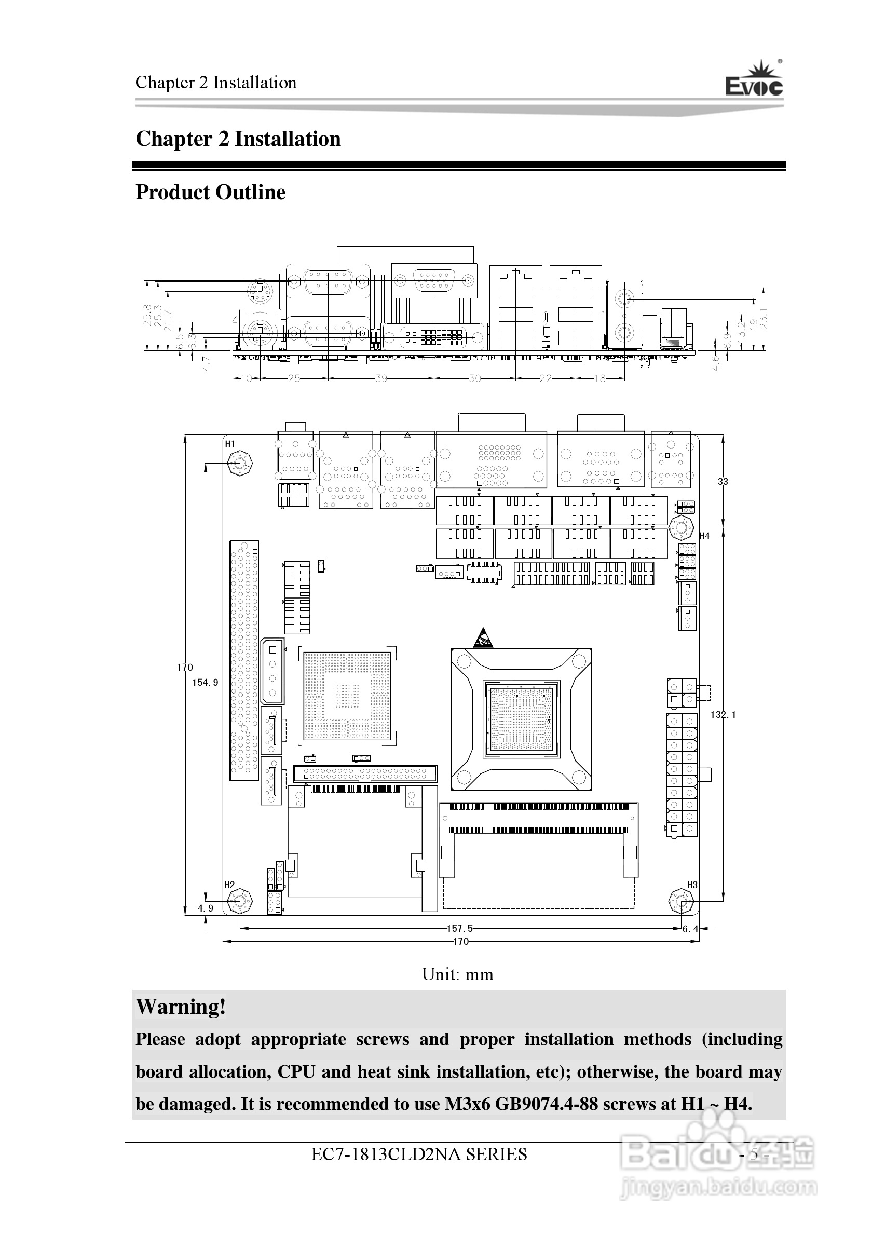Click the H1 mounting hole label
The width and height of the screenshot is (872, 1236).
(230, 444)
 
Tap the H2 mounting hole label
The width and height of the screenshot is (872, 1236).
(229, 885)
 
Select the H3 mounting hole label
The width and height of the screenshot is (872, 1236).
(692, 885)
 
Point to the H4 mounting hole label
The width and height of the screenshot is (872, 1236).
(704, 536)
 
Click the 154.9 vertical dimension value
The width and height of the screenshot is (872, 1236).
(206, 683)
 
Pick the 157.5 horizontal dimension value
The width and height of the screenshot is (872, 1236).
(460, 928)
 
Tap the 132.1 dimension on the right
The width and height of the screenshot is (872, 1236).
(723, 714)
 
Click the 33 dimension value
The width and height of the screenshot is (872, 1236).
(723, 482)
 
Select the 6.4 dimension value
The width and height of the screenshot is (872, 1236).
(690, 929)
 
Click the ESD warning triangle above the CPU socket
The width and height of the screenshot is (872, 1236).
(483, 638)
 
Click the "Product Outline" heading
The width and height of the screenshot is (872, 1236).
(210, 192)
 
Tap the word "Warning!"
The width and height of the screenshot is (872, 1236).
(181, 1007)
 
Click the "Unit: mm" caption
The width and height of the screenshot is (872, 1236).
(457, 974)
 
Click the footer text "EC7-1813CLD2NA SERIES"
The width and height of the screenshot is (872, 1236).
(419, 1154)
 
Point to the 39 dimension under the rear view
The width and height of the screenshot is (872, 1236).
(381, 378)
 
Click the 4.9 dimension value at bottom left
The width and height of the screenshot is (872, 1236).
(206, 908)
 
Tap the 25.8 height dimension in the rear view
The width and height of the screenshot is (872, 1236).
(147, 316)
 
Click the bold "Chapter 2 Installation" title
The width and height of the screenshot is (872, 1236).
(238, 139)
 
